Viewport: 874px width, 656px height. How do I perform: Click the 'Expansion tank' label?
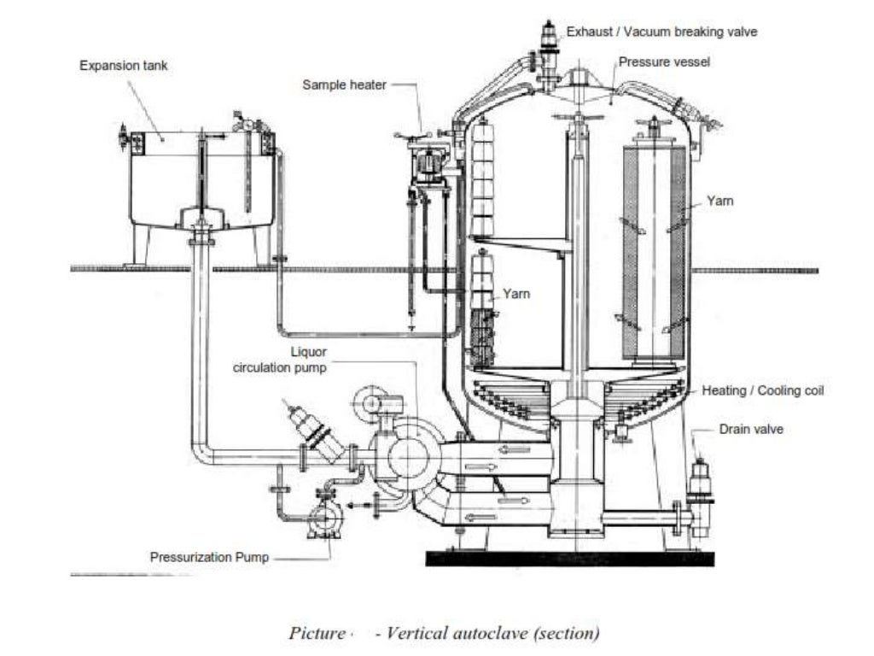pos(124,66)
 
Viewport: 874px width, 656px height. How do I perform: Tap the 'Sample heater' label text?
pos(345,85)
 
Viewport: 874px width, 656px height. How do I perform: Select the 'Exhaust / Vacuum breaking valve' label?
pos(661,32)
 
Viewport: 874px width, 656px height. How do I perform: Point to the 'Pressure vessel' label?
pos(664,61)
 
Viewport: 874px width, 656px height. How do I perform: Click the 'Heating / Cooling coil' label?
pos(763,390)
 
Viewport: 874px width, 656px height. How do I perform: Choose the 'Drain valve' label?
pos(750,429)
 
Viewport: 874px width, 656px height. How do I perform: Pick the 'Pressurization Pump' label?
pos(209,557)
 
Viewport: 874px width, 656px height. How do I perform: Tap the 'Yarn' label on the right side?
pos(720,202)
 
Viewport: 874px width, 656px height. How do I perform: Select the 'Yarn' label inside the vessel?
pos(516,294)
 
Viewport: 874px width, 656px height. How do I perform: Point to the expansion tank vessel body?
pos(201,179)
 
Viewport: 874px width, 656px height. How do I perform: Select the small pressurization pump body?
pos(325,518)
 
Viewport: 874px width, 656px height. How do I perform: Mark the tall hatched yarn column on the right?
pos(654,252)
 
